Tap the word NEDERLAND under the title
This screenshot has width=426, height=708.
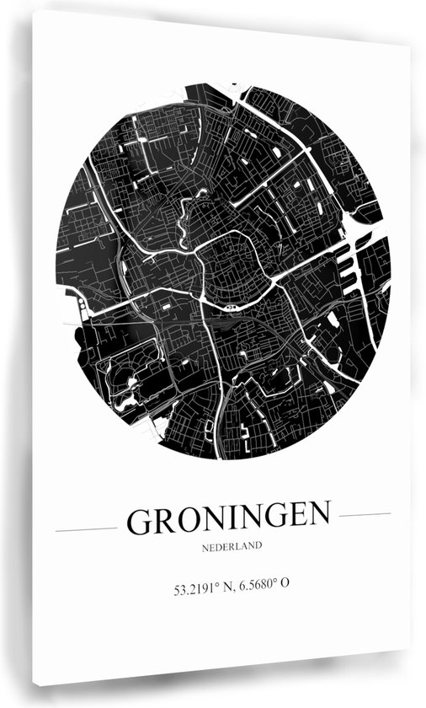click(231, 546)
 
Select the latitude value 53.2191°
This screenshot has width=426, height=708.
click(196, 582)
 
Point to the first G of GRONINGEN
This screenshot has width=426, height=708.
click(140, 522)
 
